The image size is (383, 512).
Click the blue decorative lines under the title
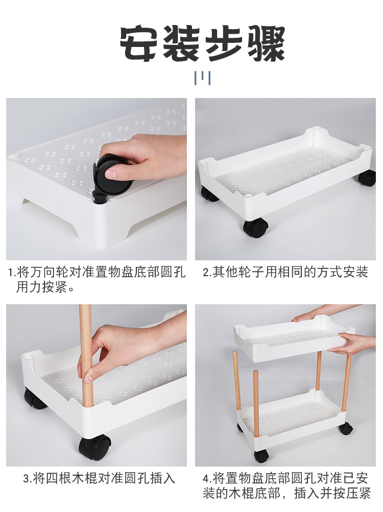(x=202, y=78)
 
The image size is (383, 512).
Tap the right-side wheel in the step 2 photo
(x=367, y=178)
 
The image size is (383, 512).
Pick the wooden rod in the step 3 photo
(x=86, y=356)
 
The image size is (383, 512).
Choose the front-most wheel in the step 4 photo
(x=262, y=456)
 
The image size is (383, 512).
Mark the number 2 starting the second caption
(x=205, y=272)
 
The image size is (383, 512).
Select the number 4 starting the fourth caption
(x=206, y=479)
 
